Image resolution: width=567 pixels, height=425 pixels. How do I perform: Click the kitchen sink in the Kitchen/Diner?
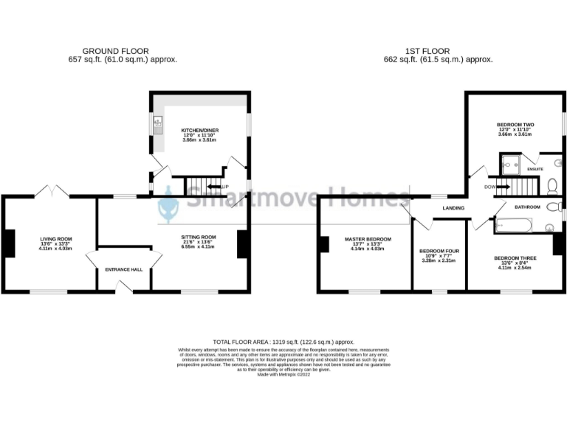[157, 126]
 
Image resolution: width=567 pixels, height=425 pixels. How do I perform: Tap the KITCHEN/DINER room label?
[200, 131]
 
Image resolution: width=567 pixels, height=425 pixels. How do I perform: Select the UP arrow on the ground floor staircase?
[219, 187]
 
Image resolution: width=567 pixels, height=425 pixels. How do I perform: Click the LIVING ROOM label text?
[55, 239]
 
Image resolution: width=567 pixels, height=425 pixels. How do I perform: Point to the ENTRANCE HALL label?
[126, 270]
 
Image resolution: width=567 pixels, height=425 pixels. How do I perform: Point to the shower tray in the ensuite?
[509, 163]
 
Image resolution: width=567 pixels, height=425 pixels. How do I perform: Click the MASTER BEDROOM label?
[368, 239]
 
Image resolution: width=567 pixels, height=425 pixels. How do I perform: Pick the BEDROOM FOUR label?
[439, 251]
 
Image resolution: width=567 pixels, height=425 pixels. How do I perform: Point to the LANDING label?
[453, 209]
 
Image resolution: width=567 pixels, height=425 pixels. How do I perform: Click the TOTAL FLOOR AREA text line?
[283, 342]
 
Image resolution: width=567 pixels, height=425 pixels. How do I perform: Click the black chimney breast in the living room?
[9, 244]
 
